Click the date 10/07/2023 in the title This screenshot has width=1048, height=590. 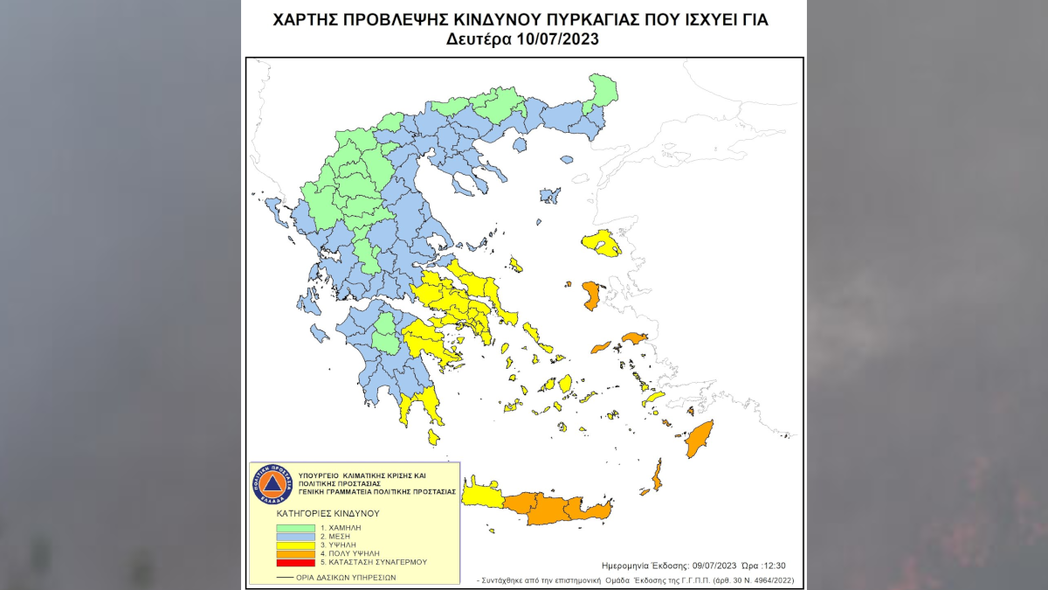pyautogui.click(x=554, y=39)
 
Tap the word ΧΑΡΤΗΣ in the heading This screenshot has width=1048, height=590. pyautogui.click(x=307, y=19)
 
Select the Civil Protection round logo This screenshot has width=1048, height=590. pyautogui.click(x=271, y=484)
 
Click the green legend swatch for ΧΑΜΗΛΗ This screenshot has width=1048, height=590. pyautogui.click(x=296, y=529)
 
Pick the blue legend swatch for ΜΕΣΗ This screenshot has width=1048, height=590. pyautogui.click(x=296, y=537)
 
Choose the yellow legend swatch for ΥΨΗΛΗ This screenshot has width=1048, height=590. pyautogui.click(x=296, y=545)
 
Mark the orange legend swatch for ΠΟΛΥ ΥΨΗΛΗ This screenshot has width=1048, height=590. pyautogui.click(x=296, y=554)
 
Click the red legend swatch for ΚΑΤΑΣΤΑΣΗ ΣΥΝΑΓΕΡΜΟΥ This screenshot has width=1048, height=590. pyautogui.click(x=296, y=563)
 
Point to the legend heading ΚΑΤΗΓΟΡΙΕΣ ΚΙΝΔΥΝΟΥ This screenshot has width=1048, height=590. pyautogui.click(x=327, y=513)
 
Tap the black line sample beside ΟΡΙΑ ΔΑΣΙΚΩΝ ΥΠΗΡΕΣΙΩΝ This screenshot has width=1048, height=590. pyautogui.click(x=284, y=578)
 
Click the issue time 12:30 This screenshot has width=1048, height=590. pyautogui.click(x=782, y=566)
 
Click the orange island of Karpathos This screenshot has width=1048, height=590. pyautogui.click(x=657, y=475)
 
